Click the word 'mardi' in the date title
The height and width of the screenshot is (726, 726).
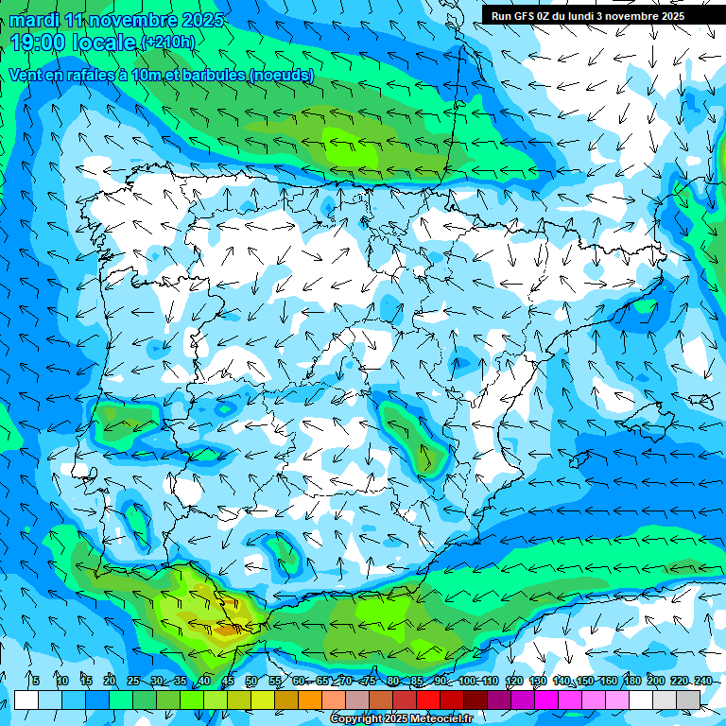point(35,21)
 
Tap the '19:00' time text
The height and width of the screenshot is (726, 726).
point(41,43)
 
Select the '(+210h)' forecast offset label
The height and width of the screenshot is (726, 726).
point(167,43)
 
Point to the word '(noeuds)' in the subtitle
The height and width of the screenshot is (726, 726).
point(282,75)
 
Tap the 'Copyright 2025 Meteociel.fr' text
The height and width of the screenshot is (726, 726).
point(401,719)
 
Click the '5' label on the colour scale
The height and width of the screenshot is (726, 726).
point(35,682)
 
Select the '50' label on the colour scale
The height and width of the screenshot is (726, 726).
point(251,682)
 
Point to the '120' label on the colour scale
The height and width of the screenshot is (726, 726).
point(514,682)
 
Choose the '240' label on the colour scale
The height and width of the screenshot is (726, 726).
point(702,682)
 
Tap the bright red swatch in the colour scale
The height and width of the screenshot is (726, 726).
point(427,700)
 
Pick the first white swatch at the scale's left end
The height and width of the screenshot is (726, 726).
point(26,700)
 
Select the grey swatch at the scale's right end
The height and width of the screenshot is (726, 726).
point(688,700)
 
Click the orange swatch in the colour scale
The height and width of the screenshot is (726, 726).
point(310,700)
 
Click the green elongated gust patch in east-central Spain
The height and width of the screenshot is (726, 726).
point(416,435)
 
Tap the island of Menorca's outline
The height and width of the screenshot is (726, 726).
point(701,402)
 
